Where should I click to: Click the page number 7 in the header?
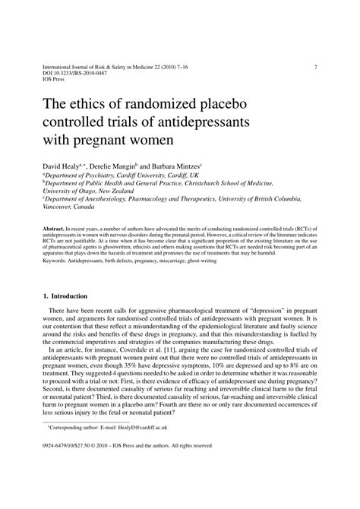click(x=315, y=67)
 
